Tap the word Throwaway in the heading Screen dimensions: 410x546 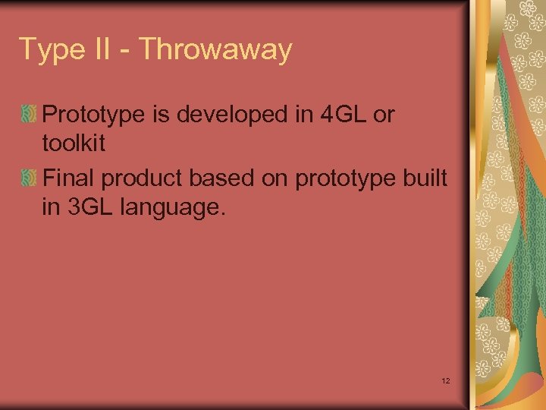[216, 50]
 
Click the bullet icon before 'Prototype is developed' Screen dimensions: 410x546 [29, 115]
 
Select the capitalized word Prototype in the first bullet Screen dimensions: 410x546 [95, 115]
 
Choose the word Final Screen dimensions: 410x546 [69, 179]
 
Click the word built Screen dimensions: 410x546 [427, 179]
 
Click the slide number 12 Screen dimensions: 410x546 [445, 380]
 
